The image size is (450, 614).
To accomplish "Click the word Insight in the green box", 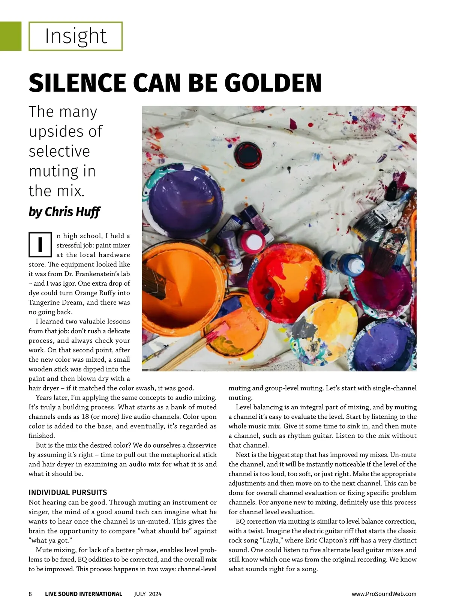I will click(76, 36).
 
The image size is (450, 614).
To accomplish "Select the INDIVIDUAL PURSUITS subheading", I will click(68, 493).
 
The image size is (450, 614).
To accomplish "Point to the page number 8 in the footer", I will click(30, 594).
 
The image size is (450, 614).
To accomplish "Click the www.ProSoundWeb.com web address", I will click(384, 594).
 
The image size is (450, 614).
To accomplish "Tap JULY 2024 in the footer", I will click(148, 594).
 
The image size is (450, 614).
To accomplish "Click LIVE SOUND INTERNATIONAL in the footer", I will click(84, 594).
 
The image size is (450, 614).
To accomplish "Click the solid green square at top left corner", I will click(10, 36).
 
